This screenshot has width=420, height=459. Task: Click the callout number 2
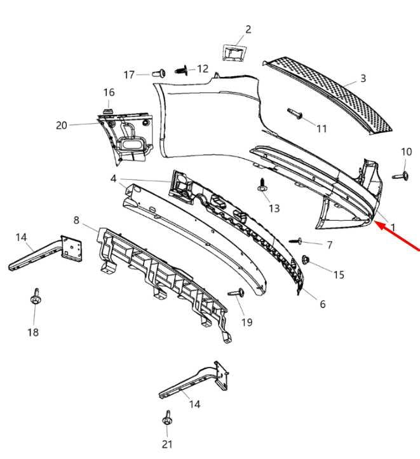click(x=248, y=29)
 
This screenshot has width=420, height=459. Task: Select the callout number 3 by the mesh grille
click(x=363, y=78)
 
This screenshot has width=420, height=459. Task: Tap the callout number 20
click(x=62, y=125)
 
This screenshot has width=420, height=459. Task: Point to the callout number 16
click(x=109, y=93)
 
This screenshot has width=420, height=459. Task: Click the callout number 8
click(x=76, y=220)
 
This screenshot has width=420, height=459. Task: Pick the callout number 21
click(x=167, y=444)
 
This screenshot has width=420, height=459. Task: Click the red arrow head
click(x=380, y=226)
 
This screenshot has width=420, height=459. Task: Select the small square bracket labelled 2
click(x=234, y=53)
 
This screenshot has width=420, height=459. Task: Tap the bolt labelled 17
click(x=158, y=73)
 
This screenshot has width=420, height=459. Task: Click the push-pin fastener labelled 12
click(x=182, y=71)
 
